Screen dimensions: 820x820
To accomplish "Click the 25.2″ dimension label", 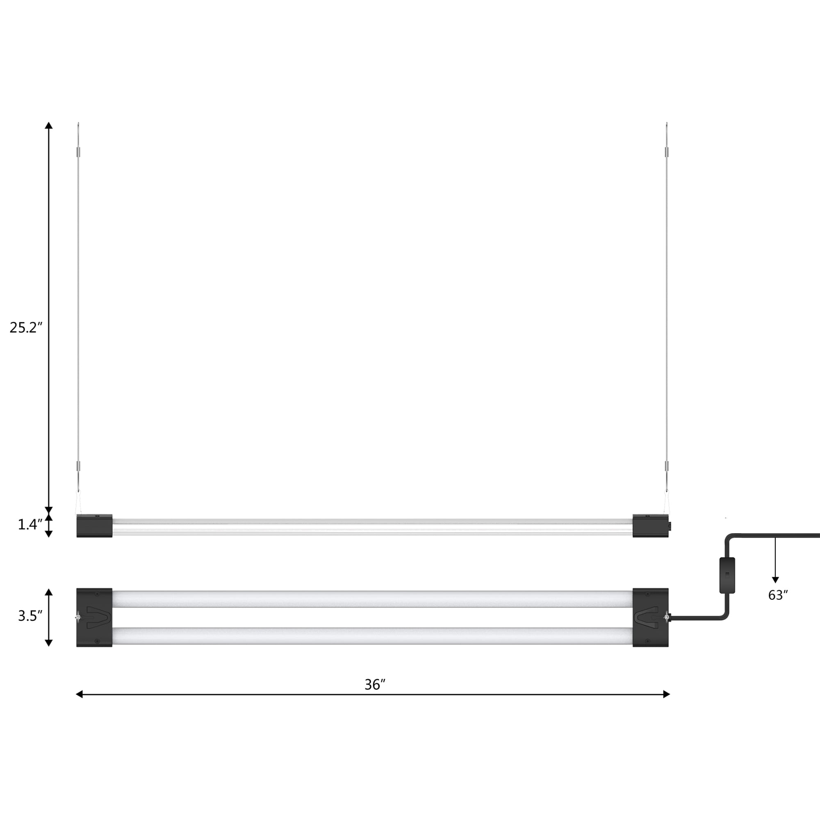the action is (26, 328).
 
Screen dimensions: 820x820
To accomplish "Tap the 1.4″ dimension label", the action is (30, 525).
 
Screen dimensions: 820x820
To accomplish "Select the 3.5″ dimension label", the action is (30, 616).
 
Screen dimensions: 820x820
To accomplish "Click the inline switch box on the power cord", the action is (727, 576).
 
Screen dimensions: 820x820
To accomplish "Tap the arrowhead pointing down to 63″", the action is (775, 580).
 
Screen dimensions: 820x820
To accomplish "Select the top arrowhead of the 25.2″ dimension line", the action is (49, 125).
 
